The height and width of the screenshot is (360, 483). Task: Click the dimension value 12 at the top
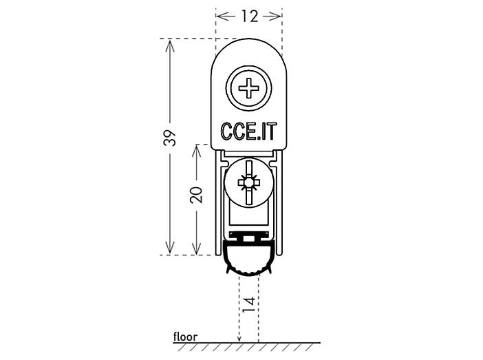pos(250,16)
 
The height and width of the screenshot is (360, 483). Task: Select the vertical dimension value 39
pos(170,138)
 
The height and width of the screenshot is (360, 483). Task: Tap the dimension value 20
pos(196,195)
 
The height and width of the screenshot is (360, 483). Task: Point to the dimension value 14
pos(249,304)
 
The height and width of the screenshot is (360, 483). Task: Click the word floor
pos(185,337)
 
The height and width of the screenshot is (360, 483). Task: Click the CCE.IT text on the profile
pos(249,131)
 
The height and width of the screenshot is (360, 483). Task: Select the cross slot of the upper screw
pos(249,88)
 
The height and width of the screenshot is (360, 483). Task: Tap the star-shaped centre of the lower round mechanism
pos(249,182)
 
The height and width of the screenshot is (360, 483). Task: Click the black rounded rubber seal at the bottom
pos(249,258)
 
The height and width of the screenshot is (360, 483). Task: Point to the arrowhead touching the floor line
pos(239,339)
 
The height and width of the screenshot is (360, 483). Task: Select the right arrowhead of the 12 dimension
pos(274,16)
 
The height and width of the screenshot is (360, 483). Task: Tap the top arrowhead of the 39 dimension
pos(170,45)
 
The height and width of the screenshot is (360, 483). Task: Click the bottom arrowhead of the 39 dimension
pos(170,248)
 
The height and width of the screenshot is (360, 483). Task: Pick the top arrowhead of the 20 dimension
pos(196,151)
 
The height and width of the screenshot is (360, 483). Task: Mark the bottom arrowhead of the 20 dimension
pos(196,248)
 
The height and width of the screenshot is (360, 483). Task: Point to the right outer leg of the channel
pos(279,203)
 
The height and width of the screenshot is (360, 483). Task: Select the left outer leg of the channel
pos(218,203)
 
